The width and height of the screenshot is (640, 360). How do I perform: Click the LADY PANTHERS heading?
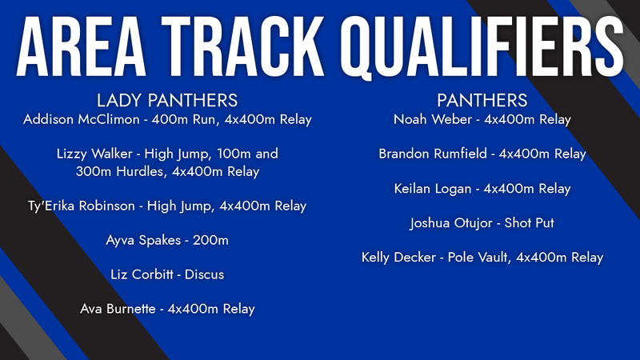tap(166, 101)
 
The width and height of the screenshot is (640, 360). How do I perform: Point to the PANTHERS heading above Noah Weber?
tap(482, 101)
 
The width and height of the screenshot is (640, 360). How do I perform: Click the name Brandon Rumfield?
tap(432, 154)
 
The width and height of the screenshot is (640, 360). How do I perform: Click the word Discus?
tap(204, 274)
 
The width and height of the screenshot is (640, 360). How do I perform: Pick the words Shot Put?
tap(530, 223)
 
